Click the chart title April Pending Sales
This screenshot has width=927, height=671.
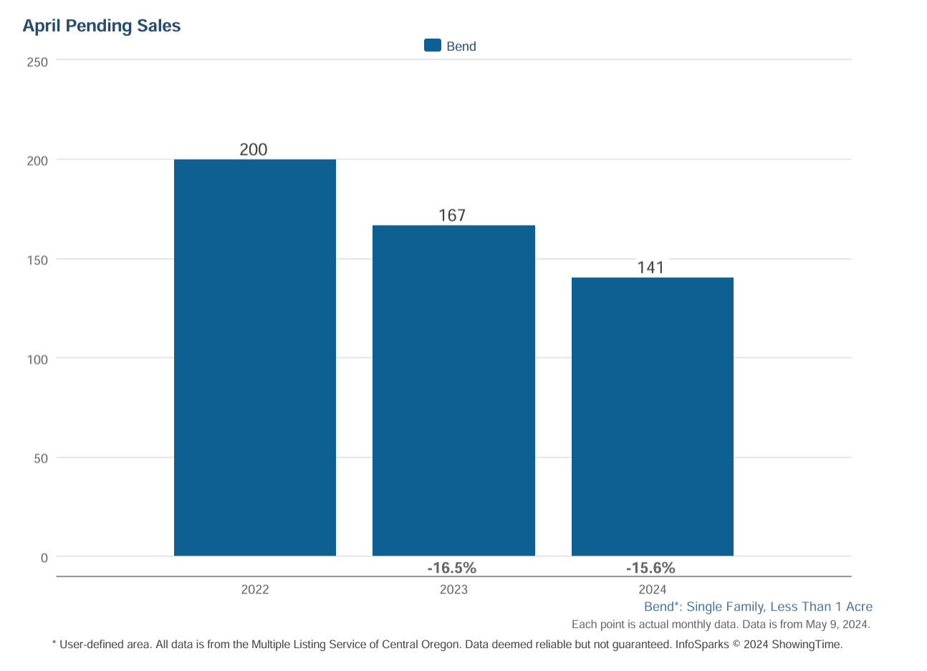[101, 26]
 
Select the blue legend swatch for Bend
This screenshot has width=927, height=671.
[432, 45]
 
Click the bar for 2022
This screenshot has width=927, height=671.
[255, 357]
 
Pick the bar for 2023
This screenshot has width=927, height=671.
[453, 390]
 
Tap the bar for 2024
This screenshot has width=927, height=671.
[652, 416]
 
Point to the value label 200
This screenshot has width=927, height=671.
[253, 150]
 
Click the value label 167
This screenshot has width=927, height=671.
[452, 216]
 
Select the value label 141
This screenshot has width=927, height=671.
[650, 268]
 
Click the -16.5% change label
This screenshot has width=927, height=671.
[451, 568]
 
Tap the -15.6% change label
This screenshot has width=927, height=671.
[650, 568]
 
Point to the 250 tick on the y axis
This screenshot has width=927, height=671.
[37, 62]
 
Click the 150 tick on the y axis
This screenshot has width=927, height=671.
[37, 260]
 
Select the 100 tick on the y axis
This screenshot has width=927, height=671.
[37, 359]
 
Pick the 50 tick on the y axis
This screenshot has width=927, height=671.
[41, 458]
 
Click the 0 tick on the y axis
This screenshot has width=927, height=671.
[44, 558]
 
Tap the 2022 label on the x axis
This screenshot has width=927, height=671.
[255, 589]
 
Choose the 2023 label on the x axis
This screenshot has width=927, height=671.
[453, 589]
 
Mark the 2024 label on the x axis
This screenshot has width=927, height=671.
[652, 589]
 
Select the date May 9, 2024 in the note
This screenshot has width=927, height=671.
[837, 624]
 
